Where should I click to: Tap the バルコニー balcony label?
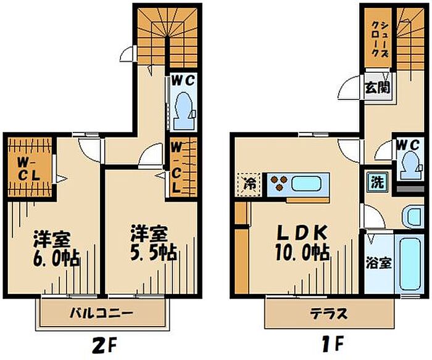101,313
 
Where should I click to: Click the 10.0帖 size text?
302,253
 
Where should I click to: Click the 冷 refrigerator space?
248,184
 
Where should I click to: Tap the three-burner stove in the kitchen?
279,184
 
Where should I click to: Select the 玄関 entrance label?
378,88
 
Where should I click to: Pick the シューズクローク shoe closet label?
378,38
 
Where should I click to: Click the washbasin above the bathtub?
413,217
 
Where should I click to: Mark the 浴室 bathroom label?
378,263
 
